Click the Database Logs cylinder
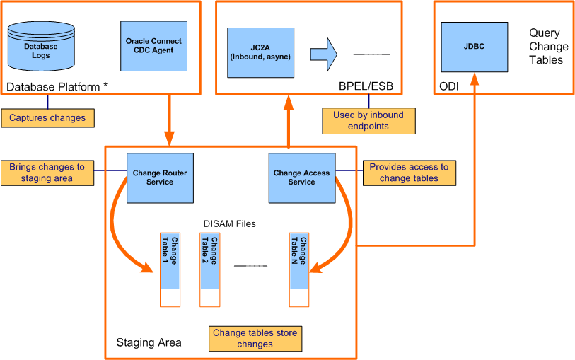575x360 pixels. point(41,50)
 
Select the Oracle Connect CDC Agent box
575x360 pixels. point(149,45)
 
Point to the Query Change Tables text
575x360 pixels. point(548,46)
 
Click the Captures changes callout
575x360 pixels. point(47,117)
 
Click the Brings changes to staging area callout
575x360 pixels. point(47,173)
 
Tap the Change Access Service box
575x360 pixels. point(301,177)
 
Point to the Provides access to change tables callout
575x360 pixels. point(409,173)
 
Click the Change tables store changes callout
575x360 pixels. point(255,338)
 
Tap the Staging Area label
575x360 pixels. point(149,342)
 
